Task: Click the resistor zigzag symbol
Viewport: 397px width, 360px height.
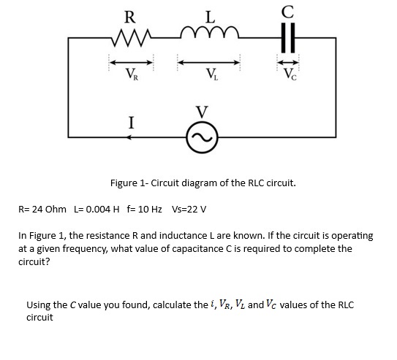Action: click(x=131, y=38)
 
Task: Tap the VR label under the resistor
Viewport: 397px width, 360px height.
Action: click(x=131, y=74)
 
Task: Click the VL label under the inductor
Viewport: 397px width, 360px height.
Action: click(x=211, y=74)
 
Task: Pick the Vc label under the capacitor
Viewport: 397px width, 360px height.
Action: click(x=288, y=74)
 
